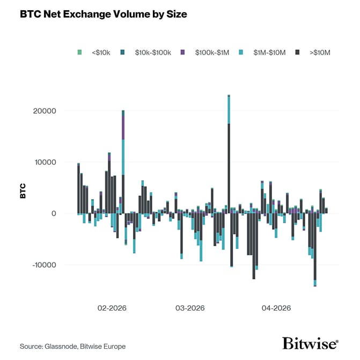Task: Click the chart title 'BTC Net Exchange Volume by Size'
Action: [103, 15]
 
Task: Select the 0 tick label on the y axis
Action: [54, 214]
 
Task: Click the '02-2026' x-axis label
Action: [112, 308]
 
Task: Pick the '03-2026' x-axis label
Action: [190, 308]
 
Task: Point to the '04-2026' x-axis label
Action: [276, 308]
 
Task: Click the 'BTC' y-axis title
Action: [23, 192]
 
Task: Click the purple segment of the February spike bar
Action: [123, 128]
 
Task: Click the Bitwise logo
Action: [310, 344]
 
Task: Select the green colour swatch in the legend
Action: [79, 53]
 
